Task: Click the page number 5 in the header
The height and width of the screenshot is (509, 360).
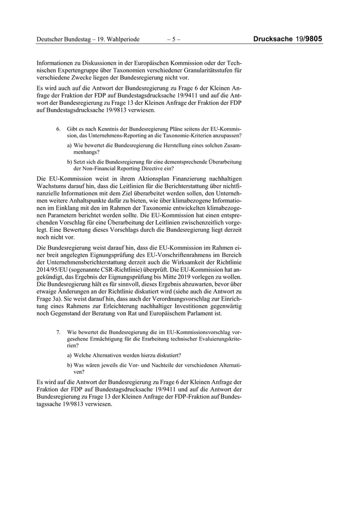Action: tap(174, 39)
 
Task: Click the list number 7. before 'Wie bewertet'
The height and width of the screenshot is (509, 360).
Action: tap(59, 333)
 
